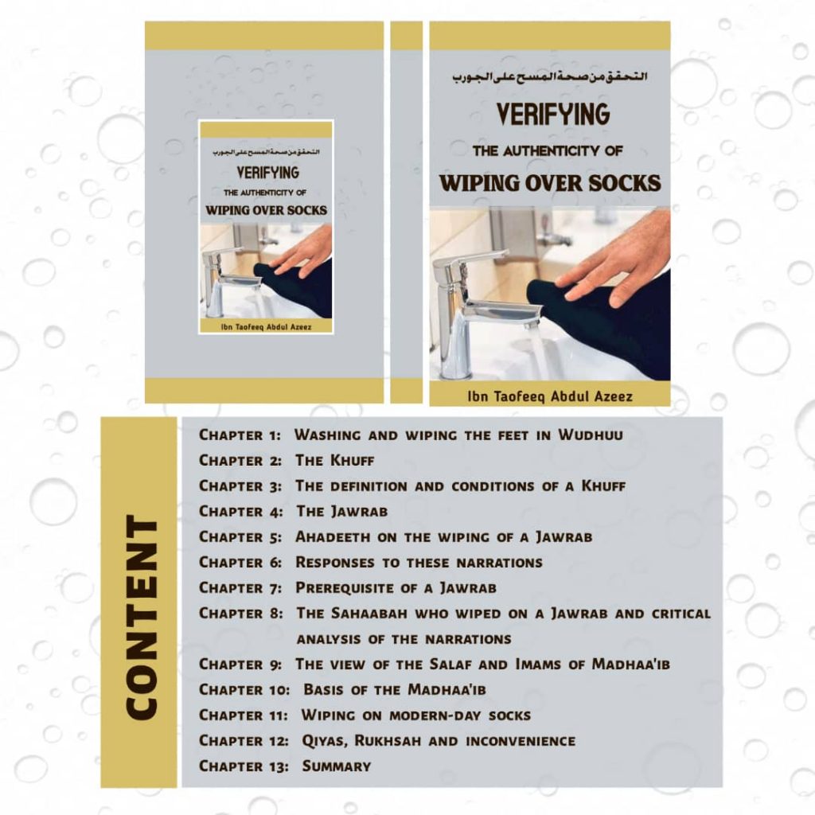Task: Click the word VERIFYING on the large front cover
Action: (x=552, y=114)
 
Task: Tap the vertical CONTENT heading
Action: (x=142, y=618)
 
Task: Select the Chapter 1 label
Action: (x=240, y=435)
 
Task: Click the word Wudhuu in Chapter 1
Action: (x=591, y=435)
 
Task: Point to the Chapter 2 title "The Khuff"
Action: (x=335, y=461)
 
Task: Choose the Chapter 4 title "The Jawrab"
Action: (x=342, y=512)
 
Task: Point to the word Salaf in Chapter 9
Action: (x=451, y=665)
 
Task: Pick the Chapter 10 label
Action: (x=244, y=690)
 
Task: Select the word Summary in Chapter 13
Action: (x=337, y=766)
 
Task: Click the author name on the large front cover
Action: (x=550, y=397)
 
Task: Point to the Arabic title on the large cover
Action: (x=550, y=77)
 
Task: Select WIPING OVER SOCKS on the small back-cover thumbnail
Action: (x=267, y=210)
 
